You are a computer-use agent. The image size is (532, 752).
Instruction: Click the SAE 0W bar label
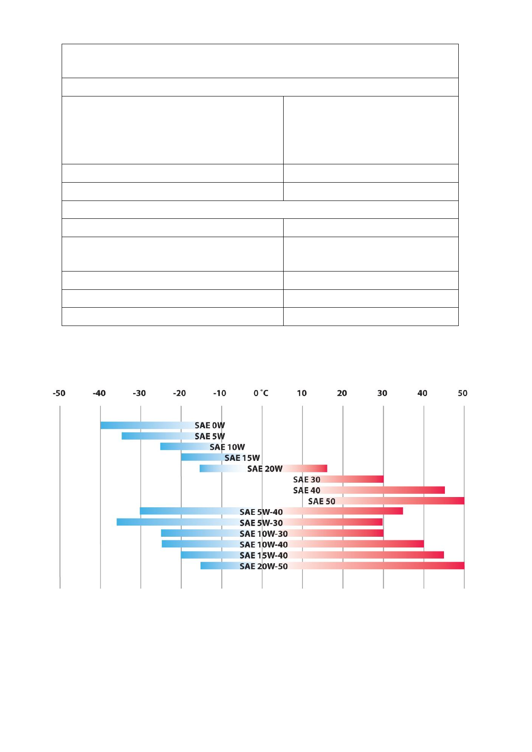pyautogui.click(x=209, y=426)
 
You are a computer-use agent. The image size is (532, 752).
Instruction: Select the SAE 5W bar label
pyautogui.click(x=209, y=436)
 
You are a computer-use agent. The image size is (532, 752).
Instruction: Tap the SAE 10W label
pyautogui.click(x=227, y=447)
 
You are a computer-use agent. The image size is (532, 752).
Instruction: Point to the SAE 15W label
pyautogui.click(x=242, y=458)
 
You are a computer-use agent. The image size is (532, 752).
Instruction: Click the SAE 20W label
pyautogui.click(x=265, y=469)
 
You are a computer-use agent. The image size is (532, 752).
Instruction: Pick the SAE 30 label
pyautogui.click(x=306, y=480)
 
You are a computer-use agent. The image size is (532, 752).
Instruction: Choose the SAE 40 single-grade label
pyautogui.click(x=306, y=490)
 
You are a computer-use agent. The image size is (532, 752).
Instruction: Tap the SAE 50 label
pyautogui.click(x=322, y=501)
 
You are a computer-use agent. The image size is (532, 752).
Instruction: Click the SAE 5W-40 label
pyautogui.click(x=261, y=512)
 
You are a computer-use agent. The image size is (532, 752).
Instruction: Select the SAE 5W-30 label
pyautogui.click(x=261, y=523)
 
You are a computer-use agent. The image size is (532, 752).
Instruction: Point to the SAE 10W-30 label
pyautogui.click(x=264, y=534)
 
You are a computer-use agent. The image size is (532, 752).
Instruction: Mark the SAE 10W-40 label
pyautogui.click(x=264, y=545)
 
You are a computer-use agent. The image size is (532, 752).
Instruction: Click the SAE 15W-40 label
pyautogui.click(x=264, y=556)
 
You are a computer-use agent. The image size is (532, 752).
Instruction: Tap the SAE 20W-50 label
pyautogui.click(x=264, y=566)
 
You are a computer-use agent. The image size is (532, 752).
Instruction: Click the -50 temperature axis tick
pyautogui.click(x=59, y=393)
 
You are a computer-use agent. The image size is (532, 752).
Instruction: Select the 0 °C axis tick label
pyautogui.click(x=261, y=393)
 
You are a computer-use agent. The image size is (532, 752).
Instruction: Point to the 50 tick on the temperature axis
pyautogui.click(x=462, y=393)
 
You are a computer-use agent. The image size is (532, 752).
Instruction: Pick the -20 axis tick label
pyautogui.click(x=180, y=393)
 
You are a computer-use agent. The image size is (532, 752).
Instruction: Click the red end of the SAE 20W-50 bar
pyautogui.click(x=460, y=566)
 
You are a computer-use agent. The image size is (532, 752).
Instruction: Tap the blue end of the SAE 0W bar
pyautogui.click(x=104, y=425)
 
